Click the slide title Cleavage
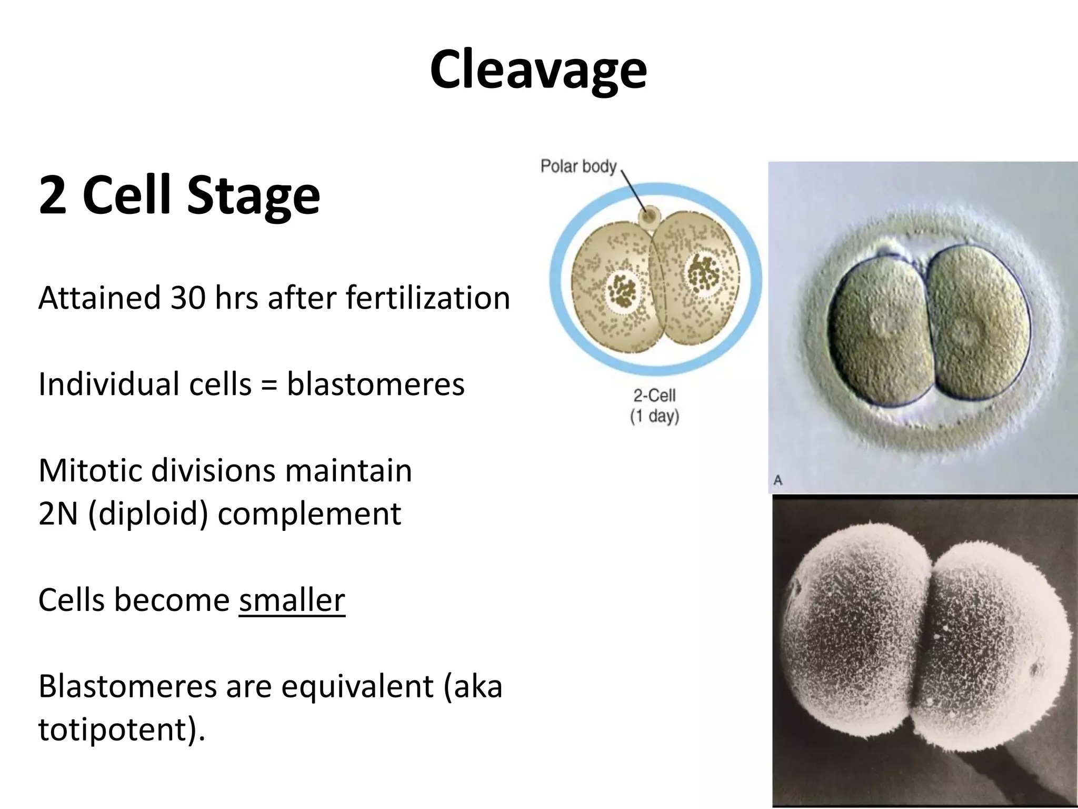[x=538, y=70]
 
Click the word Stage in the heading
[x=253, y=195]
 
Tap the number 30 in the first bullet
[x=187, y=298]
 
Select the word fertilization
[x=428, y=298]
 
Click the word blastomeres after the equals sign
[x=375, y=384]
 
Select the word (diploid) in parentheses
[x=148, y=514]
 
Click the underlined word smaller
[x=292, y=600]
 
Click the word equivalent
[x=357, y=686]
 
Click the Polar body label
[x=578, y=166]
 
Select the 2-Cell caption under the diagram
[x=654, y=396]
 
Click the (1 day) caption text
[x=654, y=416]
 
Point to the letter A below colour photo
[x=778, y=480]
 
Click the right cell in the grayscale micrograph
[x=990, y=648]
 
